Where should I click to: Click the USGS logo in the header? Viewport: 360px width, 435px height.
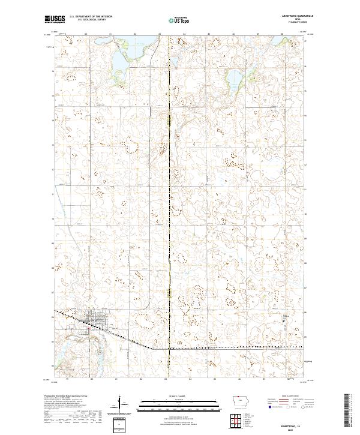[x=55, y=19]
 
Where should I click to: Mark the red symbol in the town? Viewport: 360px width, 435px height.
[x=88, y=328]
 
